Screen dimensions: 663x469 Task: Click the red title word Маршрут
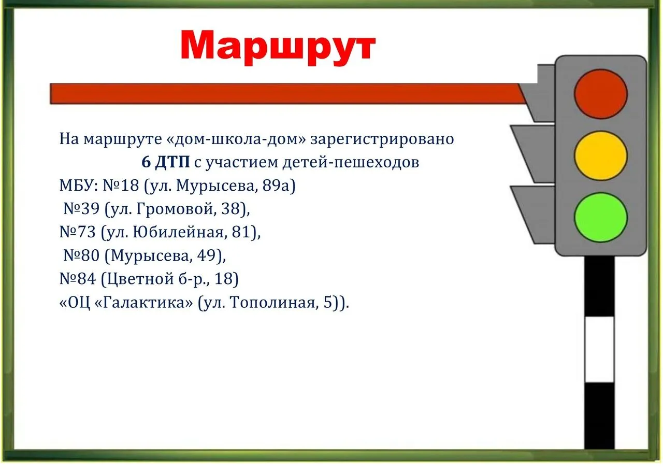point(278,47)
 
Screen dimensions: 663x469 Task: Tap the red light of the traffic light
point(600,94)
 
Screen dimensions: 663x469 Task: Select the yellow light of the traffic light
point(600,156)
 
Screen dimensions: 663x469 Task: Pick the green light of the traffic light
point(600,217)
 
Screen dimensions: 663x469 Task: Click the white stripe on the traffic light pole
point(599,349)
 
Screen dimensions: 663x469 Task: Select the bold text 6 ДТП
point(165,162)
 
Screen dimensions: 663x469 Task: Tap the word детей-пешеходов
point(351,163)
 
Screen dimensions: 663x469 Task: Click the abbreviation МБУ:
point(79,186)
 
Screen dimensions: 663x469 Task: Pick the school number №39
point(81,209)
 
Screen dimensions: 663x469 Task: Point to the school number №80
point(81,255)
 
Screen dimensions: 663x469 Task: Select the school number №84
point(78,279)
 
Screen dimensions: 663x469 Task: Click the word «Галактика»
point(144,302)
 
